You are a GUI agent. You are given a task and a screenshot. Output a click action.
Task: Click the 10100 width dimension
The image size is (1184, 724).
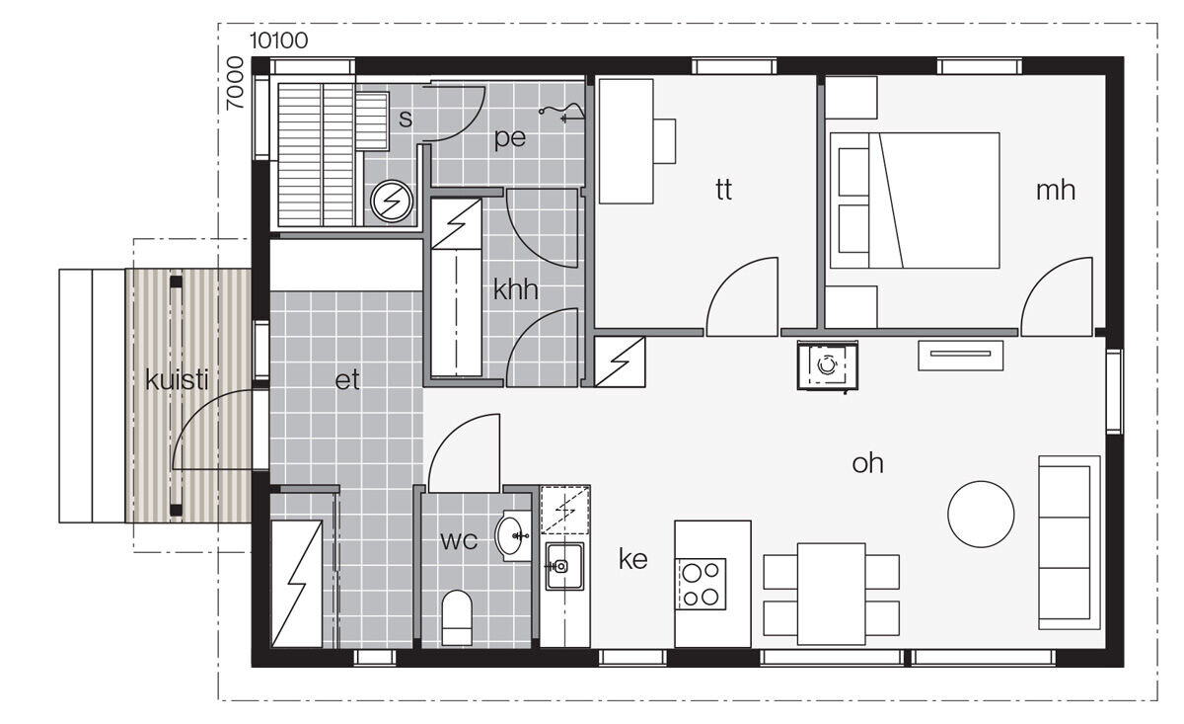278,40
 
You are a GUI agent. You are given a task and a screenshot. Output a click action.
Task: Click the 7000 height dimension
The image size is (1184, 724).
235,83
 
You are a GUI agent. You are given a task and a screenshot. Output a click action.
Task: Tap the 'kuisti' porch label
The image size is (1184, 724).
177,379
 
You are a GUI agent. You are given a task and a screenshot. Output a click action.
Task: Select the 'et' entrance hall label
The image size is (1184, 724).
346,380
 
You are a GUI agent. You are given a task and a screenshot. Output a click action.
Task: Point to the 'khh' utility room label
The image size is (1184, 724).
515,289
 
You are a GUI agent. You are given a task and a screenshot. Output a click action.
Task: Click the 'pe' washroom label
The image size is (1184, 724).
510,138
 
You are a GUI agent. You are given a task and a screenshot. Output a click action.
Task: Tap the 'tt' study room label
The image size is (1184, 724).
723,190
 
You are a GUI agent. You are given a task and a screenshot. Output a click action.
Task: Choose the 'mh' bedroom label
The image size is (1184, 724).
1056,190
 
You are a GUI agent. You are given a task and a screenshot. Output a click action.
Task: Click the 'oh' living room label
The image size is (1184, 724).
867,463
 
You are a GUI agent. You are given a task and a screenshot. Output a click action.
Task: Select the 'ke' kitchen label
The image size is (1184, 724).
632,559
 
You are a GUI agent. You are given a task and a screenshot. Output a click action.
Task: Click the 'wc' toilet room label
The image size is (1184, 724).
459,540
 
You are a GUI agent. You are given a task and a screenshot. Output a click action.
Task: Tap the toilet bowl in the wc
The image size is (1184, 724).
457,617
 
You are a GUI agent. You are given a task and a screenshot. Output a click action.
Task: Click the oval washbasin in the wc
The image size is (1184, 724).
511,535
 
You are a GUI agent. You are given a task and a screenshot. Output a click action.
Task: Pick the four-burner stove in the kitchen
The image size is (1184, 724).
701,585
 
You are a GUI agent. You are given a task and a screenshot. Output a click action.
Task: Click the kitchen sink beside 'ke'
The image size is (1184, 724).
564,566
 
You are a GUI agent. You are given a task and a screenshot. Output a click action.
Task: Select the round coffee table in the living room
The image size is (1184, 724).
981,514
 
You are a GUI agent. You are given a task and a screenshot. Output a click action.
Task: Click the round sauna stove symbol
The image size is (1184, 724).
392,201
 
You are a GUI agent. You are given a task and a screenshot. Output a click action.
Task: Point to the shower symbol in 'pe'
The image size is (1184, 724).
561,114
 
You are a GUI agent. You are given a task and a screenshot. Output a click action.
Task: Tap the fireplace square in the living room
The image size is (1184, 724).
827,365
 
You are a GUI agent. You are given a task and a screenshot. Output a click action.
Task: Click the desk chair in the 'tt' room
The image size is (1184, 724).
665,141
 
